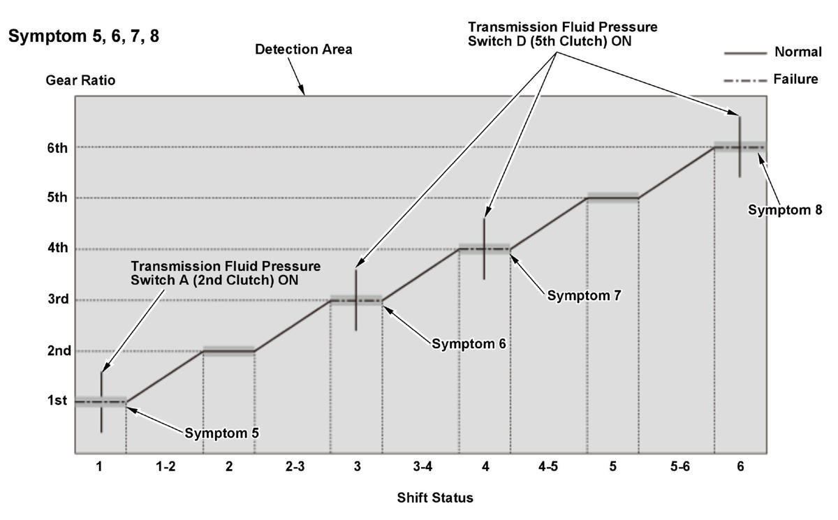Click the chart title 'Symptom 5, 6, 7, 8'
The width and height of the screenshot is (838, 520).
tap(84, 36)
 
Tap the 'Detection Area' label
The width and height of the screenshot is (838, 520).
tap(303, 50)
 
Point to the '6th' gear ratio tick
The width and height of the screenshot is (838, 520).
tap(57, 148)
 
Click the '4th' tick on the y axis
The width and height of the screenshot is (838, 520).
tap(57, 248)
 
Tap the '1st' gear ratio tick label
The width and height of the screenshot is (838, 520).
tap(57, 401)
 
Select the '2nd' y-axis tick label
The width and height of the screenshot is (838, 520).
tap(59, 350)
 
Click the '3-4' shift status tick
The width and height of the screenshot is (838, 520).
tap(422, 466)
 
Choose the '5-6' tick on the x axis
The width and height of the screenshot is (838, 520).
tap(679, 466)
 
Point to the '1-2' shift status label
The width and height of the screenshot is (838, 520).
tap(166, 466)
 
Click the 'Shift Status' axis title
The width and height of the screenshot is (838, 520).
tap(435, 498)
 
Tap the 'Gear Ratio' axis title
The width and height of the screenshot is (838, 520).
tap(80, 80)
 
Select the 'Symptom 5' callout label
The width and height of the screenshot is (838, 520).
tap(221, 433)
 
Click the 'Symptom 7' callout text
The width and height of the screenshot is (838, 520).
tap(584, 295)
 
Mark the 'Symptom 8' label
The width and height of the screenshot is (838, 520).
tap(785, 209)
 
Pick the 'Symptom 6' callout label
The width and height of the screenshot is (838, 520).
tap(469, 343)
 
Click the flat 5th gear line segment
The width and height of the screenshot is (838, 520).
tap(613, 198)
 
